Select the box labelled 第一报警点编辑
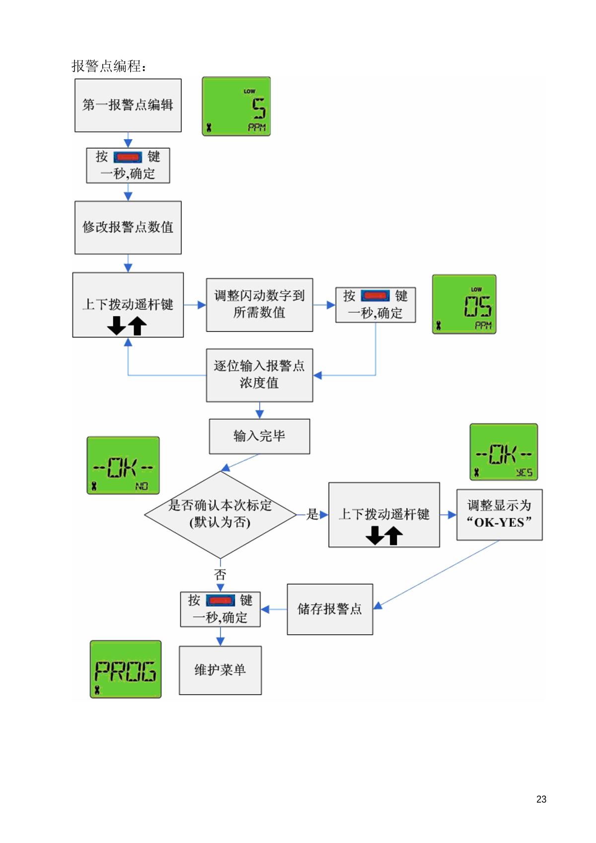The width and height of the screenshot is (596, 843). pos(128,105)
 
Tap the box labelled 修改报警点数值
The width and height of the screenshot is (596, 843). pos(128,228)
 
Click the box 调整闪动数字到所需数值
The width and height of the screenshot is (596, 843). pos(259,305)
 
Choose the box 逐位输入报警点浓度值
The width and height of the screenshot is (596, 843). pos(259,375)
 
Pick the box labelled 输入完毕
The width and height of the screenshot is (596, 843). pos(259,436)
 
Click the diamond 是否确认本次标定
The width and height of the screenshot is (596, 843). pos(220,514)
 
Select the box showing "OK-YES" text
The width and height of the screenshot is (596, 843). pos(499,514)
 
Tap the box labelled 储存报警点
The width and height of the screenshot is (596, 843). pos(330,609)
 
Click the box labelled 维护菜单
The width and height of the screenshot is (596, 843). pos(220,670)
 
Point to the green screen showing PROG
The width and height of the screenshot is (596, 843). pos(126,669)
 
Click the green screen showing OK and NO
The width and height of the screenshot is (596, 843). pos(123,465)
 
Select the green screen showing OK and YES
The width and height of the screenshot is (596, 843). pos(504,452)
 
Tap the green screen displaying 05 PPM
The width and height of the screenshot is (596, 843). pos(464,304)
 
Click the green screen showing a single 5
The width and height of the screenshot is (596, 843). pos(236,106)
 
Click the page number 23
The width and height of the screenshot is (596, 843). pos(541,799)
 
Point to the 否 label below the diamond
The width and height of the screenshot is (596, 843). pos(220,575)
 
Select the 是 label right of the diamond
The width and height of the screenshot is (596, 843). pos(312,514)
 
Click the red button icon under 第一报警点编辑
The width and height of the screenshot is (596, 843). pos(128,157)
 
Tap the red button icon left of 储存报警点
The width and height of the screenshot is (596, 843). pos(221,601)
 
